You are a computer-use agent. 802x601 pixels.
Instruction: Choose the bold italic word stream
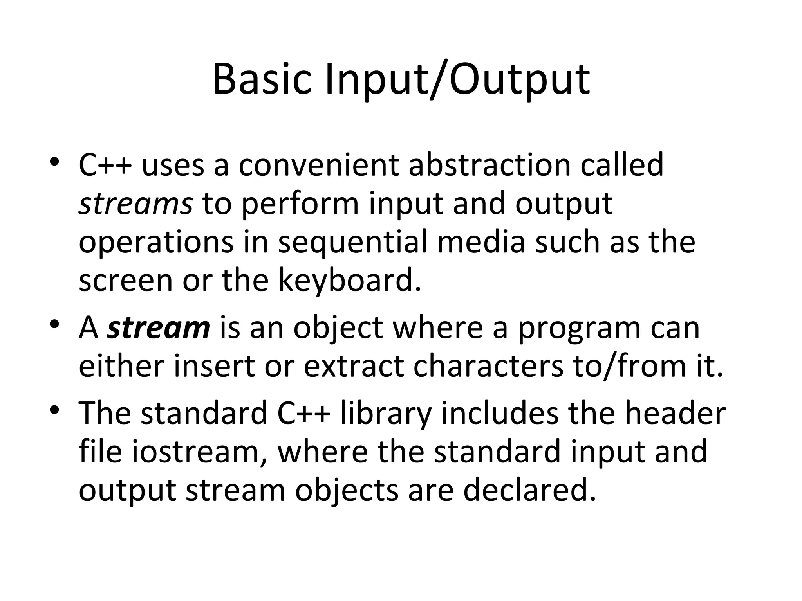[x=159, y=328]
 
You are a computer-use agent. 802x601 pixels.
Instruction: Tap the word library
[x=386, y=413]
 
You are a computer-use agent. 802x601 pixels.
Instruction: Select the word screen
[x=126, y=280]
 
